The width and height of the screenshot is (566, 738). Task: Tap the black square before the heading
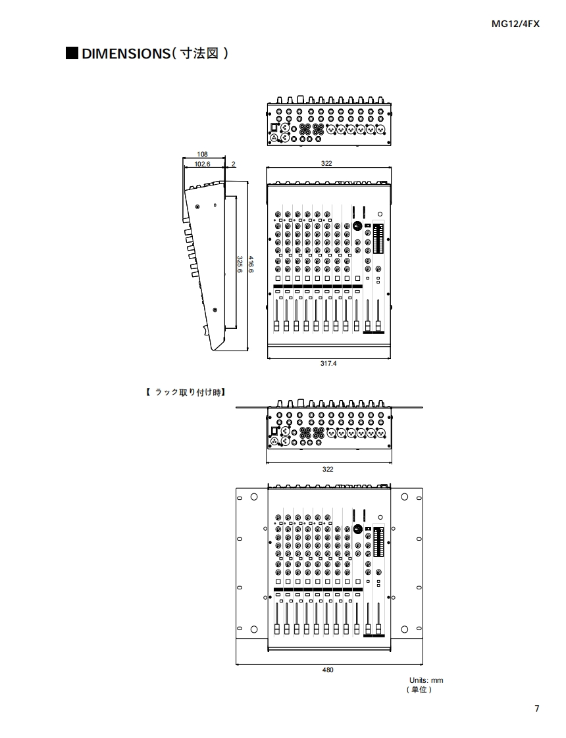[x=72, y=53]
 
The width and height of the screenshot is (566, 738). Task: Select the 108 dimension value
[x=203, y=154]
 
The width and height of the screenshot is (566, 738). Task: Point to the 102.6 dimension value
[x=202, y=164]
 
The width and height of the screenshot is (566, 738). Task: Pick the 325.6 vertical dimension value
[x=240, y=270]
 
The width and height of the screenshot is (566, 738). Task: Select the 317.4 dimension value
[x=328, y=363]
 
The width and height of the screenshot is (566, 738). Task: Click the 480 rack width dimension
[x=328, y=670]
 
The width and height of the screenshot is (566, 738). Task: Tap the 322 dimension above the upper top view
[x=327, y=163]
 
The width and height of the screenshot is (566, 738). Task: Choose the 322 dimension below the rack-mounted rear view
[x=328, y=469]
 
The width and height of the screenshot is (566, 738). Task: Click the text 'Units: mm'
[x=426, y=680]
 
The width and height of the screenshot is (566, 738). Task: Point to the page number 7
[x=537, y=708]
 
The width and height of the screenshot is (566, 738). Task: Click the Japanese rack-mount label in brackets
[x=186, y=393]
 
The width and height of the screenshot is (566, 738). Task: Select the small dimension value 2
[x=234, y=164]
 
